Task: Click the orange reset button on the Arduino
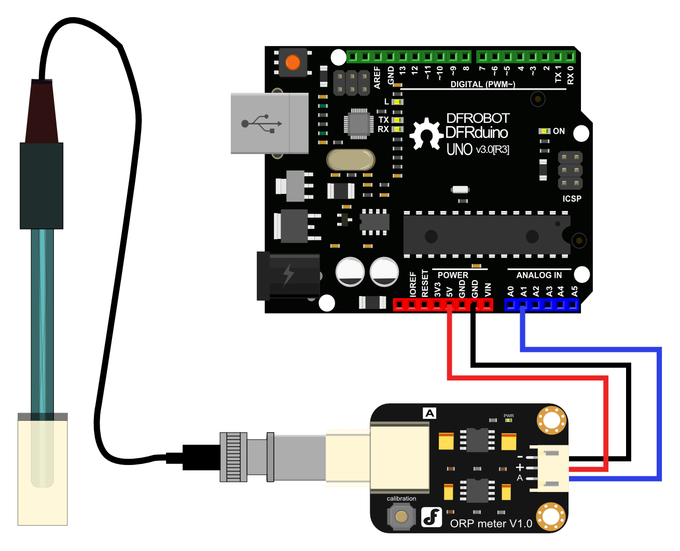293,62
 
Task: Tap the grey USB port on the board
269,123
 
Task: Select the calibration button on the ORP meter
401,516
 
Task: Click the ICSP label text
572,199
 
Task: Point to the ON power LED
544,131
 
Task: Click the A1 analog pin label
523,291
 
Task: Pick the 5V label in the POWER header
449,291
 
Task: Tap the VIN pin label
487,290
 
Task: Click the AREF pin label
377,77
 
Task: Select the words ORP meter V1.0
491,524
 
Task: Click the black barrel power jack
288,276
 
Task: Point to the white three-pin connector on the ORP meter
549,468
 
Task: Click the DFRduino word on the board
476,133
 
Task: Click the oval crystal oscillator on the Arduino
351,160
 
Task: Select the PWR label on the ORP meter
508,416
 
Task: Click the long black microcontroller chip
486,235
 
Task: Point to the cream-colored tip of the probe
43,472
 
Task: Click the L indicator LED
397,102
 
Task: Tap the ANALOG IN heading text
539,275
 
